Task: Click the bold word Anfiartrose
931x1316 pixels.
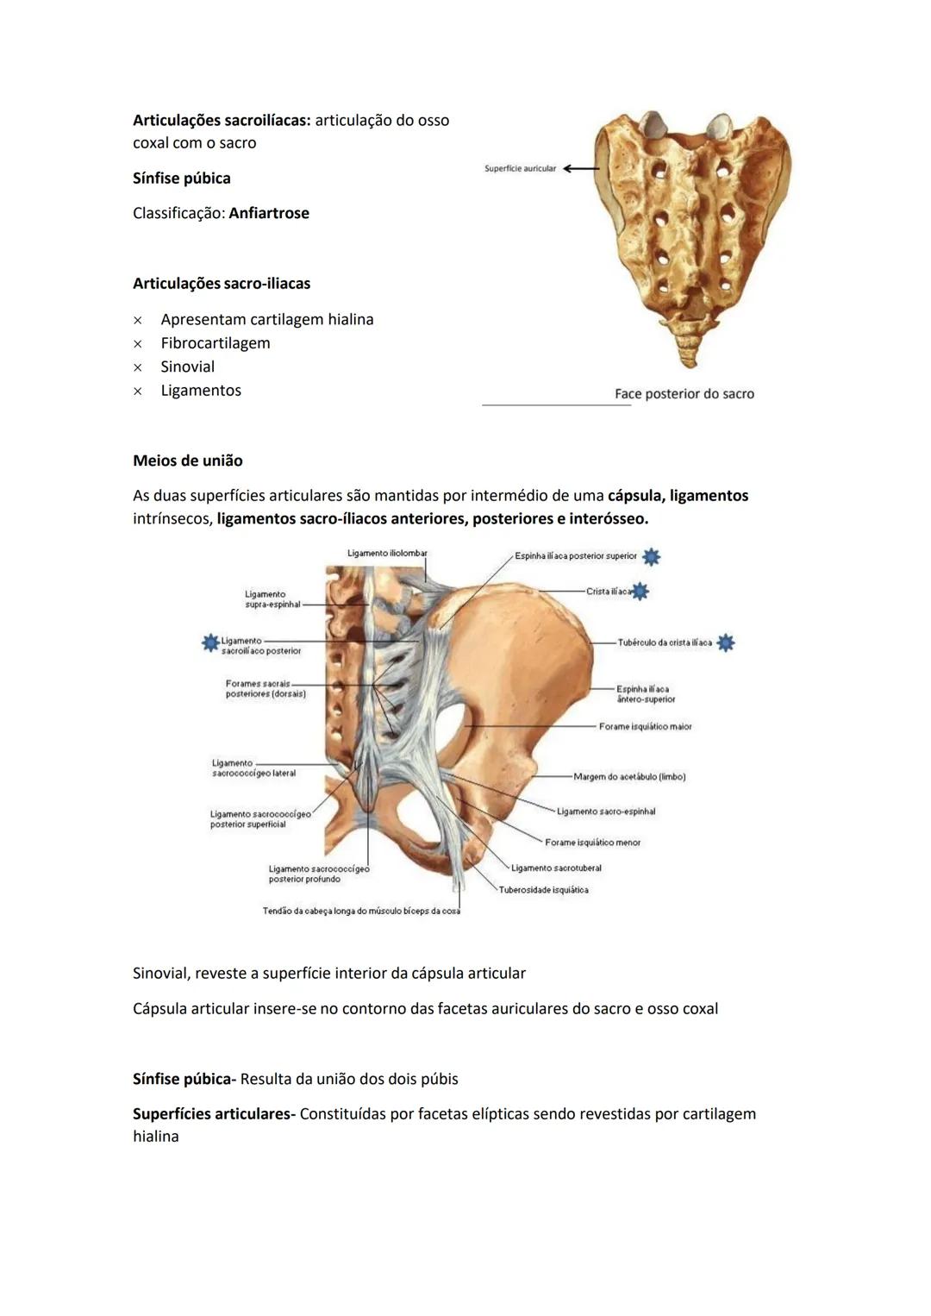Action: pyautogui.click(x=268, y=213)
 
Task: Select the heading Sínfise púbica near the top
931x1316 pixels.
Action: pyautogui.click(x=181, y=179)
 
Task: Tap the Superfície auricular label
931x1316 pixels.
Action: pyautogui.click(x=520, y=169)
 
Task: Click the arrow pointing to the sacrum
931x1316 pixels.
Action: pyautogui.click(x=580, y=169)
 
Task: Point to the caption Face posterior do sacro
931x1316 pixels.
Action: pyautogui.click(x=684, y=394)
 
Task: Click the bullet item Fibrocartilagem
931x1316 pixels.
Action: pyautogui.click(x=215, y=343)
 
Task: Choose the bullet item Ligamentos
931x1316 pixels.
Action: pyautogui.click(x=201, y=391)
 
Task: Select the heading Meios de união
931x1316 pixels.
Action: pyautogui.click(x=187, y=461)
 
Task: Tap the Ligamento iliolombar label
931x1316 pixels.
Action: pyautogui.click(x=387, y=554)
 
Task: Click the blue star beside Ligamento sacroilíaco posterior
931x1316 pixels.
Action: pyautogui.click(x=209, y=642)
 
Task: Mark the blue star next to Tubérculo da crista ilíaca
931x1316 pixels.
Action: pyautogui.click(x=726, y=642)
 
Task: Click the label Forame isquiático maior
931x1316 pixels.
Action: pyautogui.click(x=645, y=727)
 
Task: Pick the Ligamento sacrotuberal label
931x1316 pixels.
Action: pyautogui.click(x=556, y=868)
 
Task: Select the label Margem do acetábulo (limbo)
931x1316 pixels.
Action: pyautogui.click(x=629, y=777)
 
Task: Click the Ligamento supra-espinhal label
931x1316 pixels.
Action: pyautogui.click(x=272, y=599)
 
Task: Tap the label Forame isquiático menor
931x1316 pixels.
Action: pyautogui.click(x=592, y=843)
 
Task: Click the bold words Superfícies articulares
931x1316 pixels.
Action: pyautogui.click(x=214, y=1114)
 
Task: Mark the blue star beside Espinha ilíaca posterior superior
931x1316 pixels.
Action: pyautogui.click(x=652, y=557)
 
